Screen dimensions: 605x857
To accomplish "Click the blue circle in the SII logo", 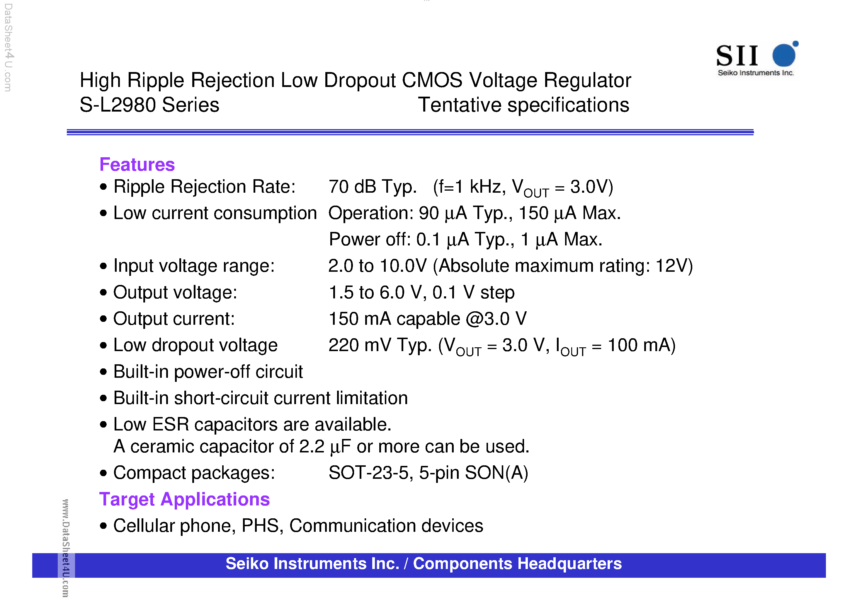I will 784,55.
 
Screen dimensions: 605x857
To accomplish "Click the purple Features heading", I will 137,165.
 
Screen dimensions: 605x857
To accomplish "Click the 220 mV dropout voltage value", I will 359,345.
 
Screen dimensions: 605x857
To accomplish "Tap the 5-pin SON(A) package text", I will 473,473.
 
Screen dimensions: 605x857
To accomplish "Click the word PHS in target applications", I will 260,526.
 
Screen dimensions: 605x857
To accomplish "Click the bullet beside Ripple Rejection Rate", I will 103,187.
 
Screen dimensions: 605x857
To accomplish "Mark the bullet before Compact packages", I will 103,473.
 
